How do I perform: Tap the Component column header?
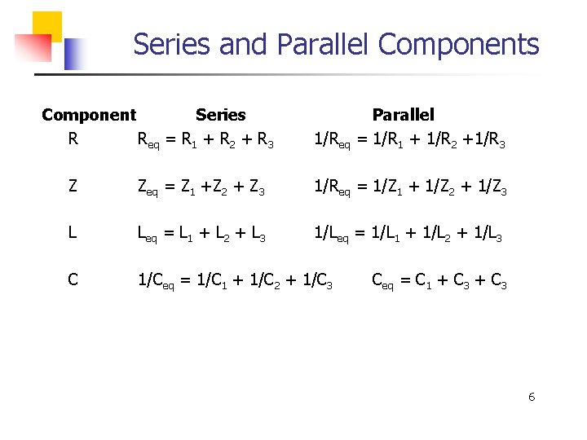pos(89,115)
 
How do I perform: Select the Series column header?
pos(220,115)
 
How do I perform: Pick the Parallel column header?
pos(403,115)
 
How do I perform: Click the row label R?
pos(73,139)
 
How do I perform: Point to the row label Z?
pos(73,187)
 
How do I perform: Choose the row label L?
pos(73,234)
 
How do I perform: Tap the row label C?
pos(73,281)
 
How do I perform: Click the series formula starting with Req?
pos(205,141)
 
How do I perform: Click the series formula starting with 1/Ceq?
pos(235,283)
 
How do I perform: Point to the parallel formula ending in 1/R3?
pos(410,141)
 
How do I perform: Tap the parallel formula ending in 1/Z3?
pos(411,188)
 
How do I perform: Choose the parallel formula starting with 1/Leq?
pos(408,235)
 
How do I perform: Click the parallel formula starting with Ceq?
pos(439,283)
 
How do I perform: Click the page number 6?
pos(532,397)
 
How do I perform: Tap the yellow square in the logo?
pos(47,24)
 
